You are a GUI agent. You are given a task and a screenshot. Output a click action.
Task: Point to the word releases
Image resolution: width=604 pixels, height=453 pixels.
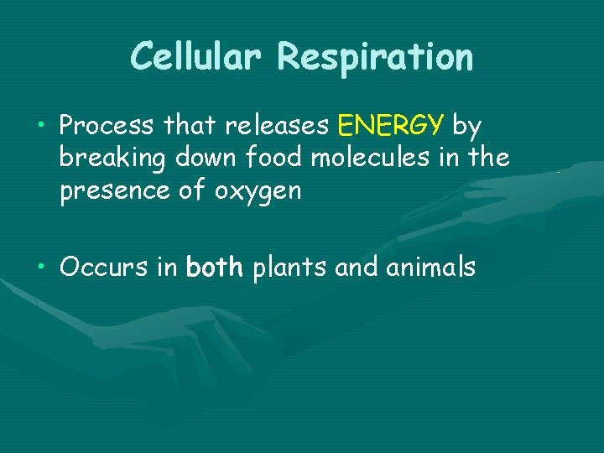click(x=277, y=126)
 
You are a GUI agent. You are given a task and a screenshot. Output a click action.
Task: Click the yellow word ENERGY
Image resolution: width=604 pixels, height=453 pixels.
click(x=390, y=126)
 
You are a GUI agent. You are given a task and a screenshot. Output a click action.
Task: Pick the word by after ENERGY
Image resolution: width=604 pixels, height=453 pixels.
click(x=467, y=128)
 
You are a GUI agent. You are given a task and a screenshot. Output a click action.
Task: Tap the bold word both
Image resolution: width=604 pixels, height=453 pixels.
click(x=215, y=268)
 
